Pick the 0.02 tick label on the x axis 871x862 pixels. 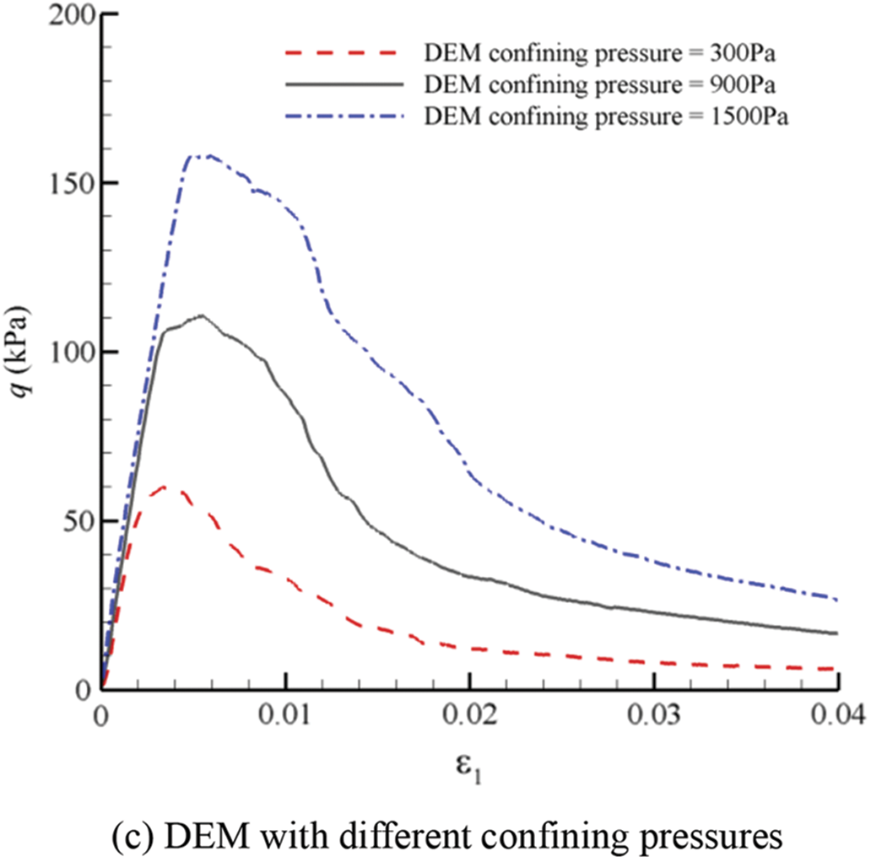click(x=470, y=716)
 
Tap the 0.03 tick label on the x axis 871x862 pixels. click(x=654, y=716)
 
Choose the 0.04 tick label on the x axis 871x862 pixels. click(x=837, y=716)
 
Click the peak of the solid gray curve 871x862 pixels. click(x=202, y=315)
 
